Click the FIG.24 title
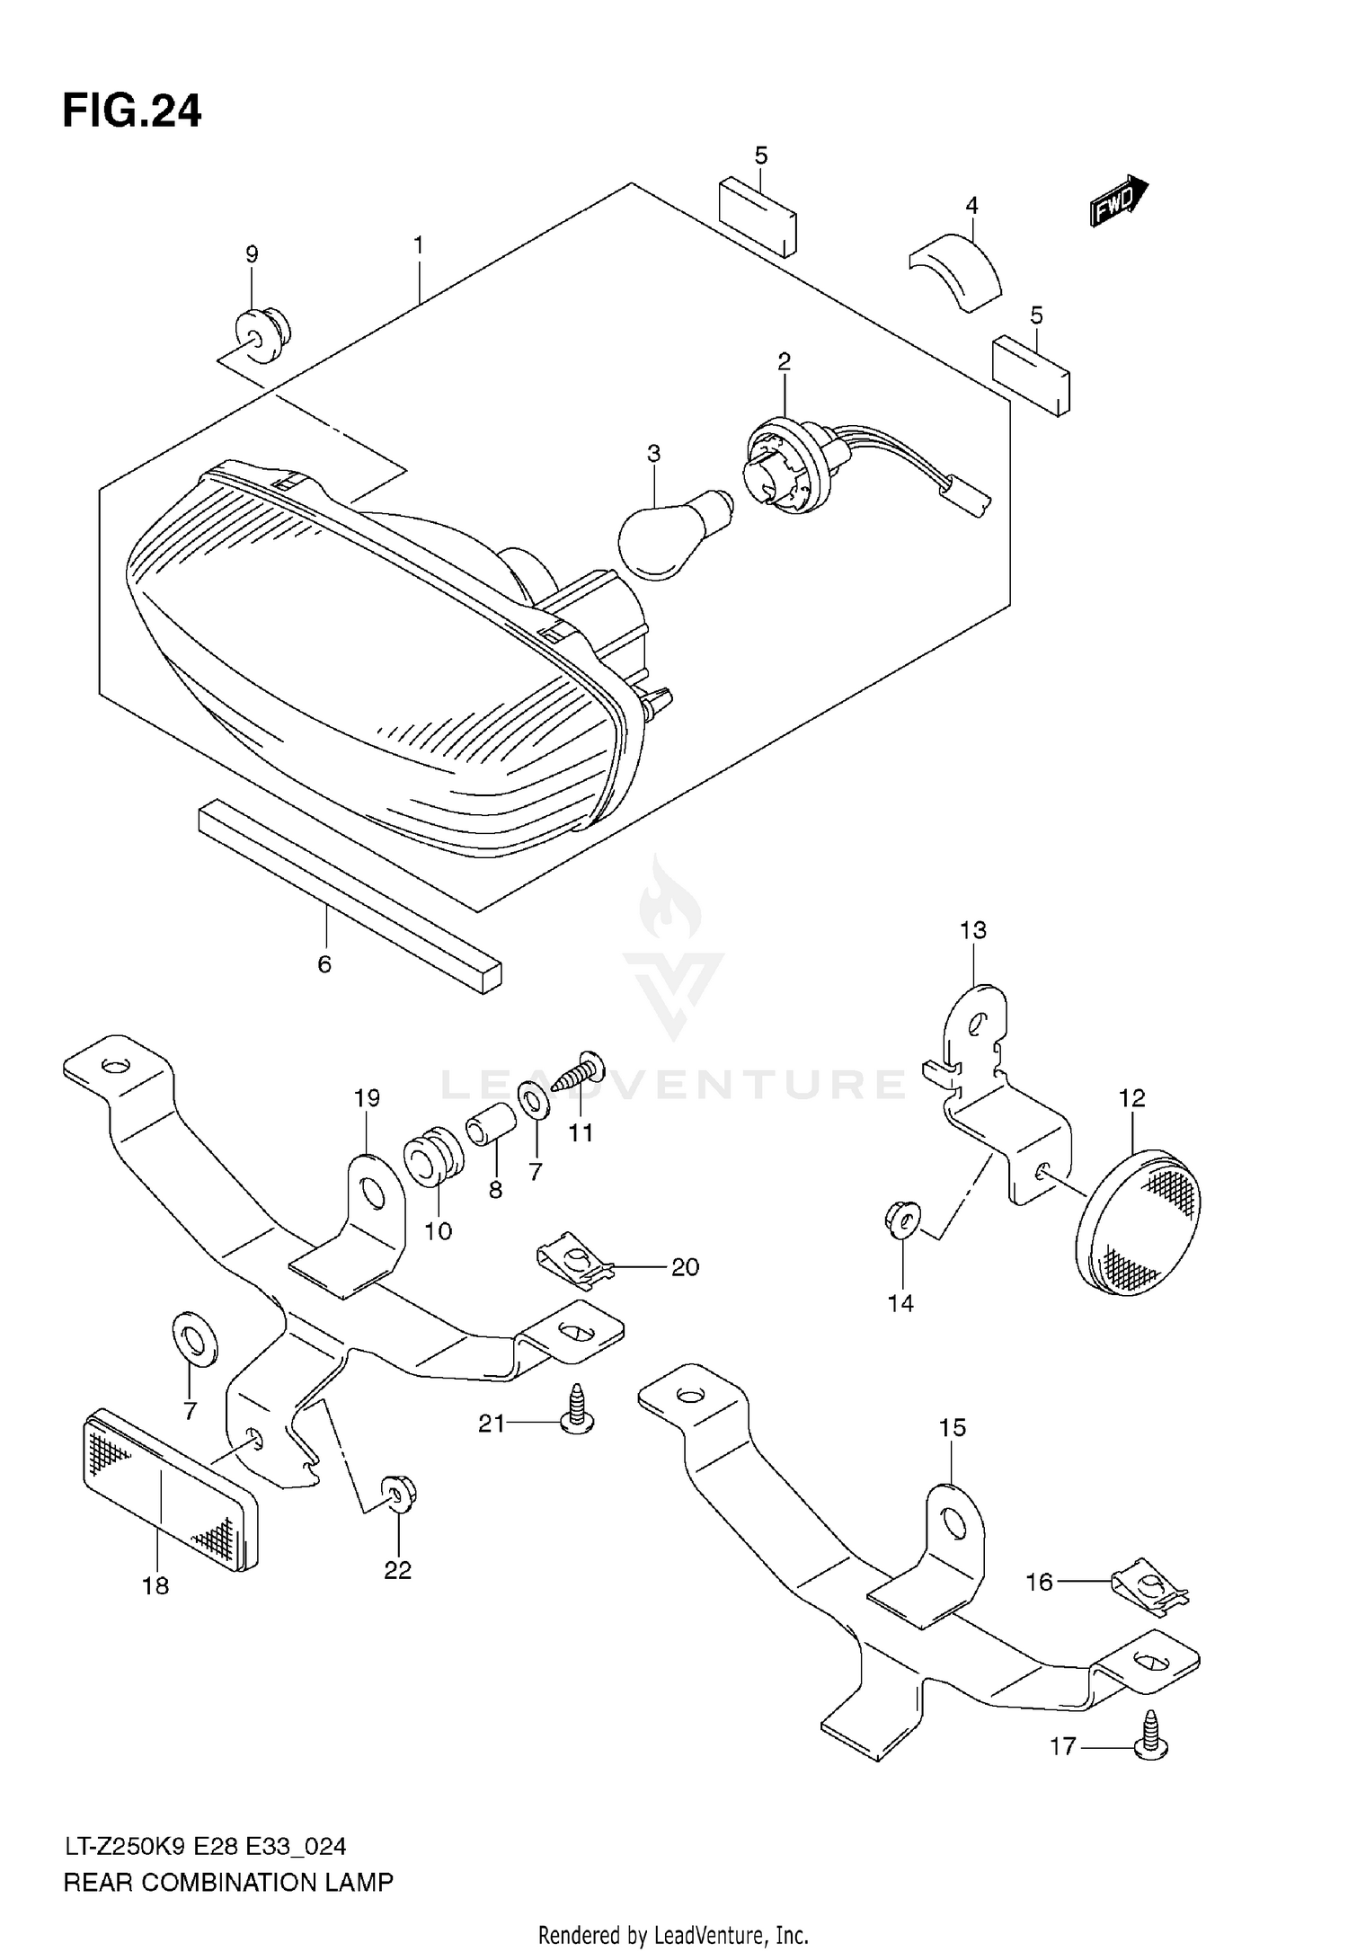pyautogui.click(x=132, y=111)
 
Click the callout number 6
pyautogui.click(x=324, y=964)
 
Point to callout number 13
pyautogui.click(x=973, y=930)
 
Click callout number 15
pyautogui.click(x=953, y=1427)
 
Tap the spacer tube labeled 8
pyautogui.click(x=491, y=1127)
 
